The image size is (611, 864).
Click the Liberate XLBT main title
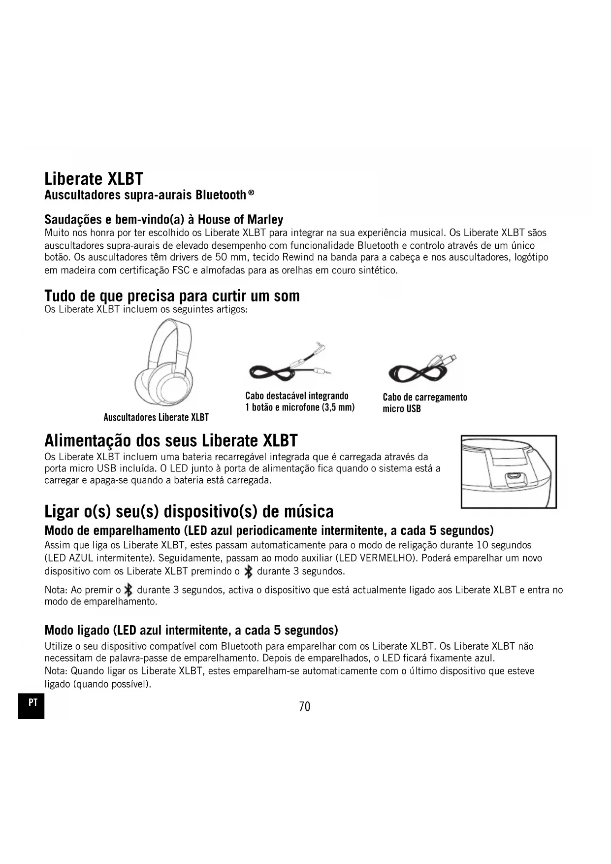tap(94, 178)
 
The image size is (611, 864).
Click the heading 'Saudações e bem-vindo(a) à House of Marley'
tap(163, 219)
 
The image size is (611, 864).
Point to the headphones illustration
tap(164, 363)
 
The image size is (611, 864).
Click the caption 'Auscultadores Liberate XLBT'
tap(156, 418)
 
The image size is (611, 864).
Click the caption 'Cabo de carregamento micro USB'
tap(424, 403)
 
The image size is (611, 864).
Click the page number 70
tap(305, 706)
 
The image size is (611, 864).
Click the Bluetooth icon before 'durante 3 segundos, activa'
tap(129, 590)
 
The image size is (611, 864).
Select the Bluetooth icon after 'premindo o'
tap(249, 571)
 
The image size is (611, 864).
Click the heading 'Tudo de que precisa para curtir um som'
tap(172, 296)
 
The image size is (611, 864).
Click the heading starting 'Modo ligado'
tap(191, 631)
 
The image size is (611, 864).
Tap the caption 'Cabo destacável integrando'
tap(297, 396)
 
